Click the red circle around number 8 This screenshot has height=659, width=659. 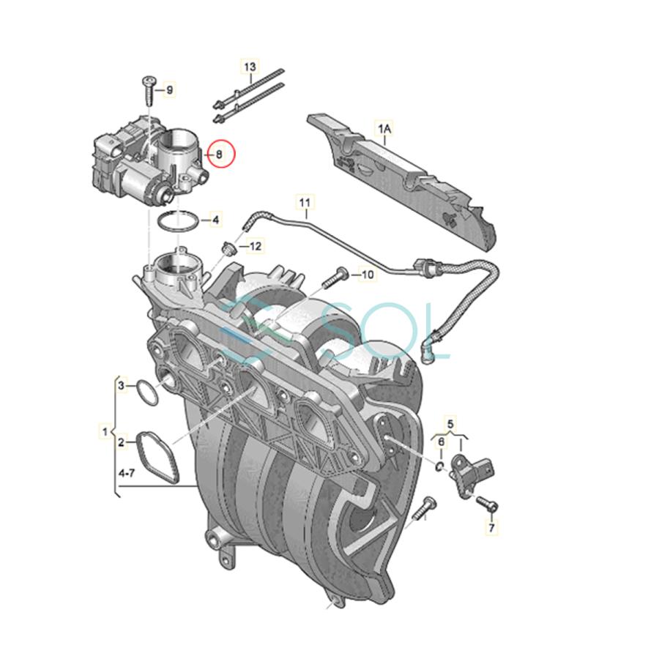[x=218, y=154]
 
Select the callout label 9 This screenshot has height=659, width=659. [x=170, y=90]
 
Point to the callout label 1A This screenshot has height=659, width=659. [x=384, y=130]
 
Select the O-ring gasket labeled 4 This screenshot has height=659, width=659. [x=178, y=220]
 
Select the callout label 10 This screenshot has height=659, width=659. [x=367, y=275]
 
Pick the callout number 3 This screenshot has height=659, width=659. [x=123, y=384]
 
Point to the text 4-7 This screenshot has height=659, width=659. [x=126, y=474]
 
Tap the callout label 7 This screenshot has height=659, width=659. [x=492, y=526]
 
